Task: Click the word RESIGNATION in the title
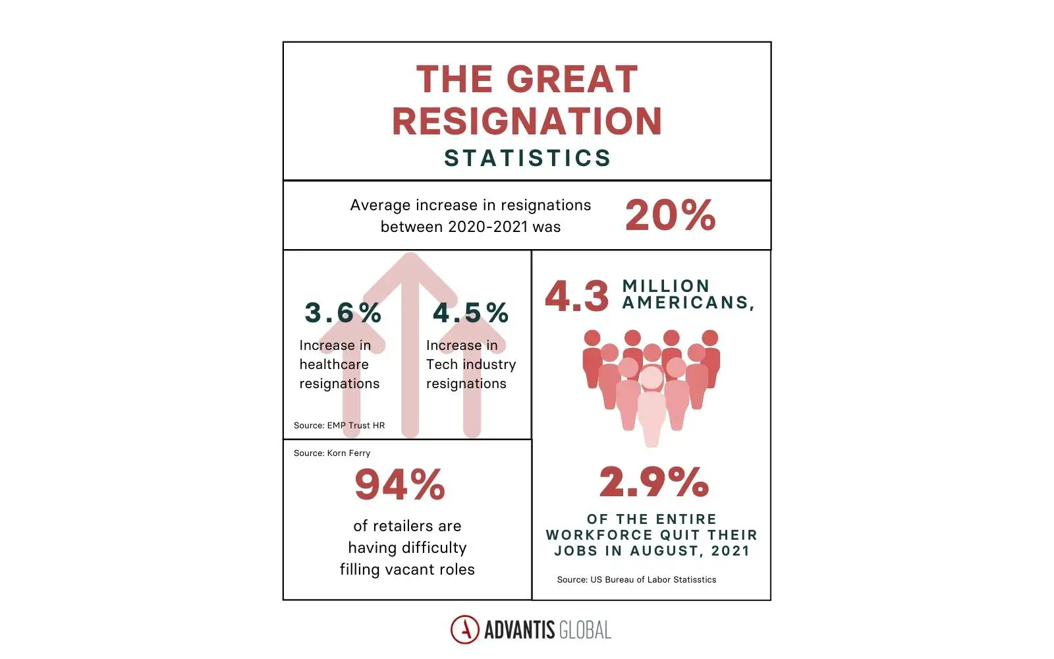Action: coord(527,121)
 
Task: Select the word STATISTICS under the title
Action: coord(527,158)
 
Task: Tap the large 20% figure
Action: coord(670,215)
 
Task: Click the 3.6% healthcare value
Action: coord(343,312)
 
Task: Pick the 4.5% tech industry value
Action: coord(470,312)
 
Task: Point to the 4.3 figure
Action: coord(577,296)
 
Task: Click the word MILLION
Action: coord(666,285)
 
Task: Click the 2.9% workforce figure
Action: coord(653,482)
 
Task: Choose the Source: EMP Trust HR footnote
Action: coord(339,425)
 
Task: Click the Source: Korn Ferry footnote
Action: coord(332,453)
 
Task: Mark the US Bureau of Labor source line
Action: coord(636,579)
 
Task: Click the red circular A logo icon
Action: coord(465,629)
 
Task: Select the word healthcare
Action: coord(334,364)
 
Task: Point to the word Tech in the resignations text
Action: coord(441,364)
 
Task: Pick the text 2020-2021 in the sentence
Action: coord(487,227)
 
